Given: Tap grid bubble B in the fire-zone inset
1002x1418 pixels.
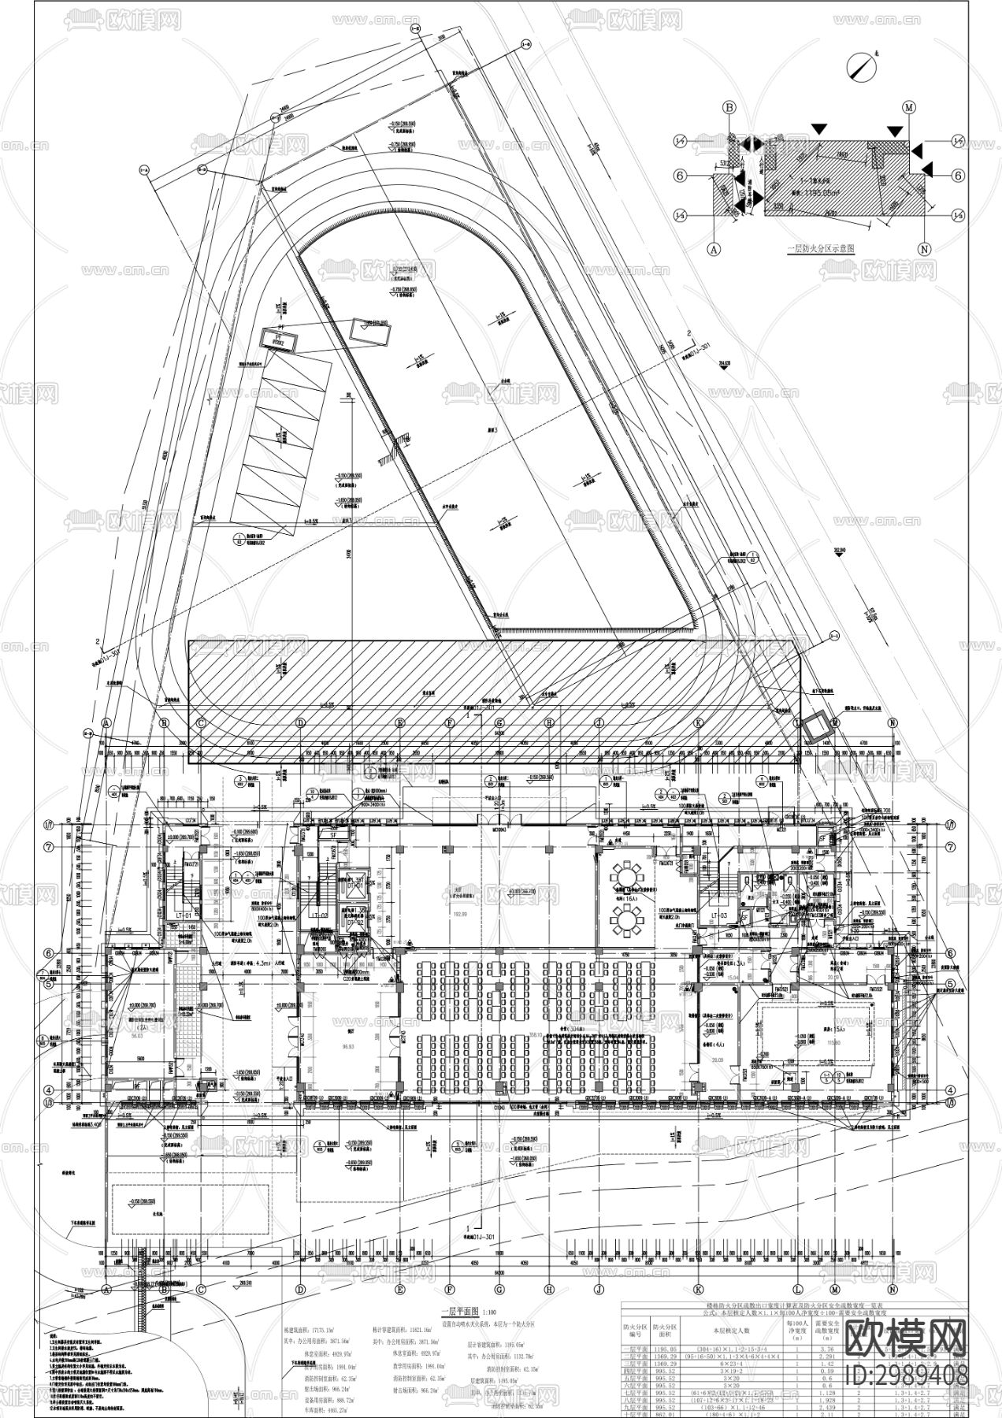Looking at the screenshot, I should click(x=729, y=107).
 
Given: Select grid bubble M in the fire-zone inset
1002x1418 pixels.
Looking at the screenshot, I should click(x=909, y=107).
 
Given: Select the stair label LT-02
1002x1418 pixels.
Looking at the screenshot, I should click(x=318, y=915).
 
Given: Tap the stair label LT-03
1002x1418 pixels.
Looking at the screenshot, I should click(x=720, y=915).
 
